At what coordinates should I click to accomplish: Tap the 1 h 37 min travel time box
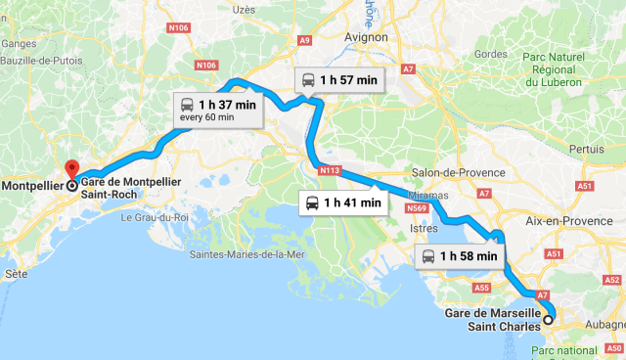click(217, 109)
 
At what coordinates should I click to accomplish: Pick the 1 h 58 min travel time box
click(462, 256)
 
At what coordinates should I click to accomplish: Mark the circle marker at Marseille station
click(548, 319)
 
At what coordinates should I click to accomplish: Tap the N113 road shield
click(329, 170)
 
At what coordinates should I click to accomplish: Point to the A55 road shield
click(480, 289)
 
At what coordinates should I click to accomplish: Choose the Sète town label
click(16, 276)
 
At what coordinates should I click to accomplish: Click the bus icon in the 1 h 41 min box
click(311, 203)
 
